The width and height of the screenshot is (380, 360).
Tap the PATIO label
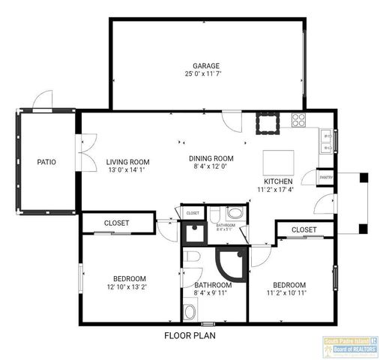click(46, 161)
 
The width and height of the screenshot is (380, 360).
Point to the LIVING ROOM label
click(127, 161)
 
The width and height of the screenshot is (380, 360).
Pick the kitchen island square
click(277, 162)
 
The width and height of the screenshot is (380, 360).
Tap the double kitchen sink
click(327, 136)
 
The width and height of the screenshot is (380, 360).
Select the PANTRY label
click(325, 176)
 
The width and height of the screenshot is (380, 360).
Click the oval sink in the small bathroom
click(235, 212)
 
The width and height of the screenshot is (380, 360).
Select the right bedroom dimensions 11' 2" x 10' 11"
click(289, 293)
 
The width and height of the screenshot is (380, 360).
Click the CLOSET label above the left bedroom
click(116, 223)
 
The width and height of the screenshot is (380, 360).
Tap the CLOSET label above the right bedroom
click(303, 229)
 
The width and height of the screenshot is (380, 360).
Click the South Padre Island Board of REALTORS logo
click(351, 346)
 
